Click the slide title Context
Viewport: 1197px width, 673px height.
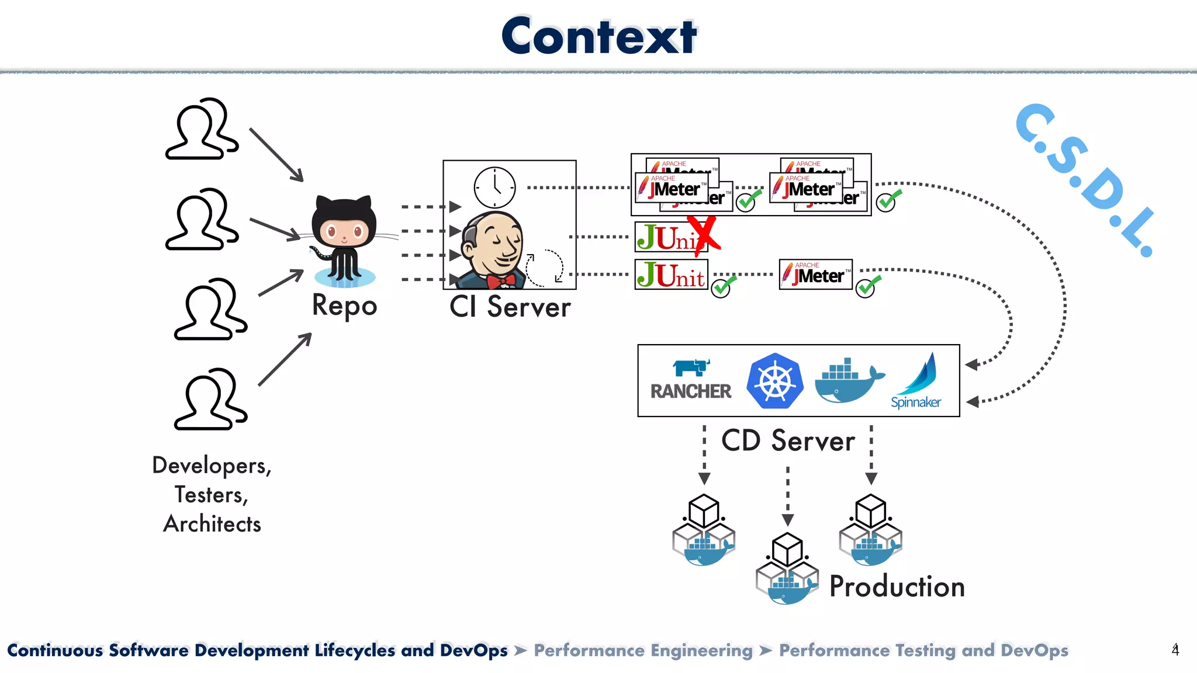point(598,36)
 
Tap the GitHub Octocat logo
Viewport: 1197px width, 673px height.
point(344,240)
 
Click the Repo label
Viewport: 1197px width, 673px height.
point(344,306)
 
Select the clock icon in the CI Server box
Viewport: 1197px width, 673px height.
point(494,188)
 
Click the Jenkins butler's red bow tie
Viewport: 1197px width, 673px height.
point(501,282)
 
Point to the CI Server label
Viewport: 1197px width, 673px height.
point(510,307)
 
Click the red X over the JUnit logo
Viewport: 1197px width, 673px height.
point(703,235)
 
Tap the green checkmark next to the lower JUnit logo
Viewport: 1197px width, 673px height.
point(723,287)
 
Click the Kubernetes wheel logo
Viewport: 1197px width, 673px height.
point(774,381)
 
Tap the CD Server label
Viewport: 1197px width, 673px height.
point(787,440)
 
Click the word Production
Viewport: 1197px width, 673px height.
point(897,587)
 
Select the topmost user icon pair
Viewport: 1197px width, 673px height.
point(202,129)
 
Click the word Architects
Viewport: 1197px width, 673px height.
point(212,524)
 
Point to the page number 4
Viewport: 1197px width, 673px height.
point(1175,650)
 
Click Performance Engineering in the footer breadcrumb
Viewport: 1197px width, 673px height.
point(643,650)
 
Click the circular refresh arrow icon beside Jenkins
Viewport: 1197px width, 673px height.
point(545,268)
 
